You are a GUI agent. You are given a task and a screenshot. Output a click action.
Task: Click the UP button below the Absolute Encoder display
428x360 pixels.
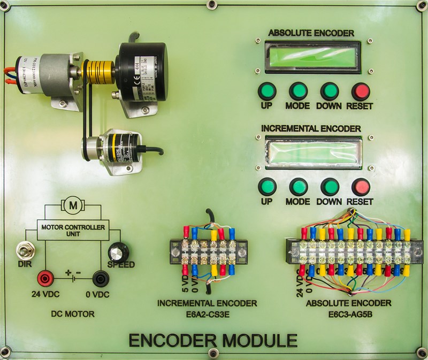tap(266, 90)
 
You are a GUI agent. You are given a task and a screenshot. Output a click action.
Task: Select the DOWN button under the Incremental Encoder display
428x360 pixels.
tap(330, 187)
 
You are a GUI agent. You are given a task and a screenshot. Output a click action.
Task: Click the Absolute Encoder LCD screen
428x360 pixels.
tap(314, 56)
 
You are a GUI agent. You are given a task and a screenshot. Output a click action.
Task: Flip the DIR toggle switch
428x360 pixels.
tap(23, 250)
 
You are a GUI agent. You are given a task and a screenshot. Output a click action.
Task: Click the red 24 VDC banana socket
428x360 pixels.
tap(44, 278)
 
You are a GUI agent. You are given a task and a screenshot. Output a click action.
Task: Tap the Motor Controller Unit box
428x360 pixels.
tap(72, 230)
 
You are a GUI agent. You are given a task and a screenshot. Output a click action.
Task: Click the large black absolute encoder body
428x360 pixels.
tap(142, 70)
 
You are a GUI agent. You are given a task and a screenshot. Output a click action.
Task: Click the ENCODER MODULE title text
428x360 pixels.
tap(213, 340)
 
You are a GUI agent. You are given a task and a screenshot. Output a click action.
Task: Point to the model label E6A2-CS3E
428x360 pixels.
tap(207, 313)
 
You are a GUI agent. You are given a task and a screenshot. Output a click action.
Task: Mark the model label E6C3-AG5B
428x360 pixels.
tap(348, 313)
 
